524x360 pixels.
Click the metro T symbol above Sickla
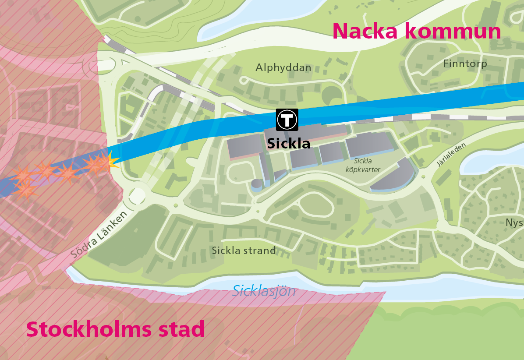pyautogui.click(x=287, y=119)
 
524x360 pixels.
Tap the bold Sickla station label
pyautogui.click(x=289, y=144)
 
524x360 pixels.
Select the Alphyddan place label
pyautogui.click(x=283, y=68)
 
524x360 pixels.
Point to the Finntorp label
pyautogui.click(x=465, y=64)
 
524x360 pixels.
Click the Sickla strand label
pyautogui.click(x=244, y=251)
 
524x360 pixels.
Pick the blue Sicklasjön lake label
pyautogui.click(x=264, y=291)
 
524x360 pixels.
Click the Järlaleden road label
pyautogui.click(x=451, y=154)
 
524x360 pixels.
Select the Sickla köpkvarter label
pyautogui.click(x=362, y=165)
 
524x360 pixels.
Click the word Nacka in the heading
pyautogui.click(x=366, y=32)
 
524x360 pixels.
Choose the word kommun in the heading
pyautogui.click(x=452, y=32)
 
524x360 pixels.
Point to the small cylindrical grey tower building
pyautogui.click(x=256, y=185)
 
